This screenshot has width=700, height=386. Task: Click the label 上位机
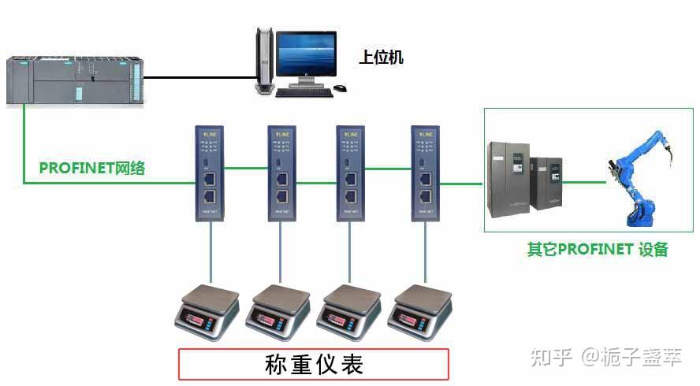pyautogui.click(x=381, y=58)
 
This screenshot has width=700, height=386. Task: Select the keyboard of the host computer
pyautogui.click(x=303, y=91)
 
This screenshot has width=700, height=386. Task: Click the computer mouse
pyautogui.click(x=340, y=88)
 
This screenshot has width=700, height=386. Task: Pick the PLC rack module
pyautogui.click(x=76, y=80)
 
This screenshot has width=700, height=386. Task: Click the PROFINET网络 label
pyautogui.click(x=92, y=168)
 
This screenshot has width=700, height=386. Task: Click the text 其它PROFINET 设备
pyautogui.click(x=597, y=250)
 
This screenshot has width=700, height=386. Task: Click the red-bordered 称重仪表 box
pyautogui.click(x=313, y=365)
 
